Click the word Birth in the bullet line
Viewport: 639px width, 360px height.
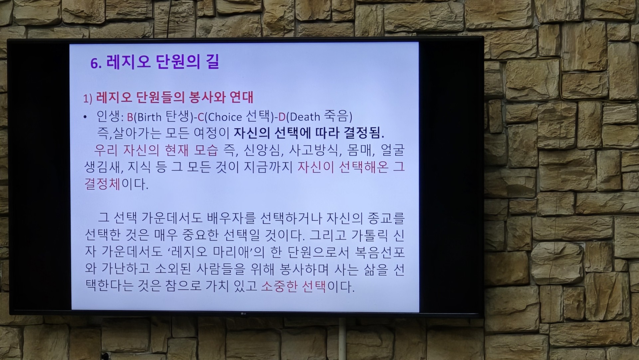[149, 117]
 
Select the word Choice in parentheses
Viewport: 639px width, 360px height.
[225, 117]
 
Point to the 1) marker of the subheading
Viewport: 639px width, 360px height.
[88, 99]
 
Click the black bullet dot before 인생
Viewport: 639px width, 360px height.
[86, 117]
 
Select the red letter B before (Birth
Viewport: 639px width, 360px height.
[130, 117]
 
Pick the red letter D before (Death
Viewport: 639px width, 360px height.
[282, 117]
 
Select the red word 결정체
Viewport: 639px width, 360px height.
[102, 184]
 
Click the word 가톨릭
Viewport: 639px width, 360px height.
[369, 235]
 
